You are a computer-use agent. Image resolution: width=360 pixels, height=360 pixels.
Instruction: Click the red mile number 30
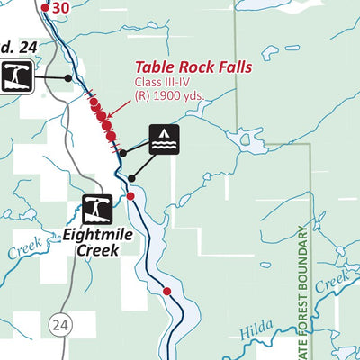tap(61, 7)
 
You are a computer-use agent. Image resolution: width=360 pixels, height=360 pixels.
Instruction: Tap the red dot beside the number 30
tap(45, 7)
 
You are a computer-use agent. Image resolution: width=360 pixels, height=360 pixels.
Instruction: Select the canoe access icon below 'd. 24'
tap(18, 77)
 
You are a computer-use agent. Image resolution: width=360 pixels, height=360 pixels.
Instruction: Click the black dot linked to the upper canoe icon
tap(67, 78)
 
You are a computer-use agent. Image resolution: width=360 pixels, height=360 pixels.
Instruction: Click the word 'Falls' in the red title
tap(231, 67)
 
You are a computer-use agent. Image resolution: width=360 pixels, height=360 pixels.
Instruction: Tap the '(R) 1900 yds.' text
tap(170, 96)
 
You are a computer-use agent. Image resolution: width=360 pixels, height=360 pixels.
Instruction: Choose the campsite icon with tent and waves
tap(164, 139)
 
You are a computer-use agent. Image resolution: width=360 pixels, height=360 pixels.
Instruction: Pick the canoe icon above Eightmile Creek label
tap(97, 209)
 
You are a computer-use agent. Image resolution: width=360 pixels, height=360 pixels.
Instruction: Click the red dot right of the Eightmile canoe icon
tap(130, 196)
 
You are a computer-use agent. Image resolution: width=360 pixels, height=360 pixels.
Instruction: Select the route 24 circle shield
tap(60, 322)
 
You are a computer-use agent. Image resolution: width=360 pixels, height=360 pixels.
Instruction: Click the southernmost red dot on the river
tap(166, 290)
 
